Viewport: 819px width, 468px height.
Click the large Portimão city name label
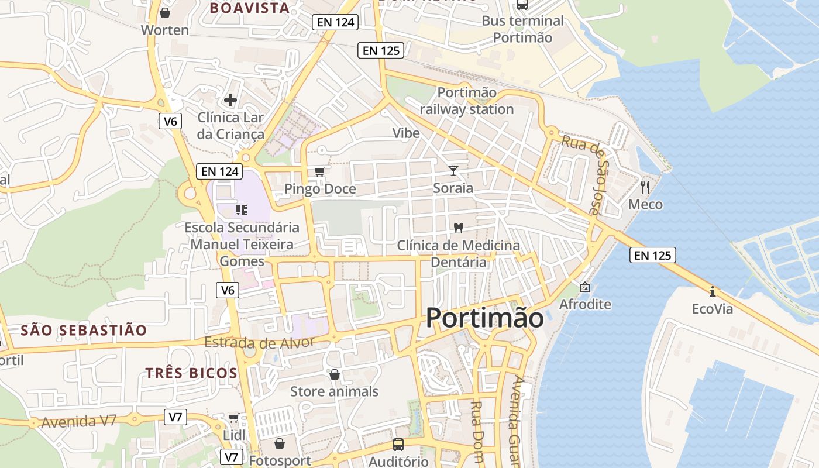(x=484, y=318)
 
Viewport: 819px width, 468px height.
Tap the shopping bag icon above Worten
(x=165, y=12)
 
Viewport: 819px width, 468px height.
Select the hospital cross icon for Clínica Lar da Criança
(x=230, y=100)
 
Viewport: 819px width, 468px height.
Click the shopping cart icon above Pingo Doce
(x=319, y=171)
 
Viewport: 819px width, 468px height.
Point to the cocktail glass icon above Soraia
(x=453, y=170)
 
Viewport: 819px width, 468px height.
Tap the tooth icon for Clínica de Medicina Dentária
(x=459, y=228)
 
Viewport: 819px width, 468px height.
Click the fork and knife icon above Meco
(x=645, y=187)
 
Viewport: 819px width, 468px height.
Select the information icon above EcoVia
(x=712, y=291)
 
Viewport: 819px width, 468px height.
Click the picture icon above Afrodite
(x=584, y=287)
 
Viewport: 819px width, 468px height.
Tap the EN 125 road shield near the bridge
(x=653, y=255)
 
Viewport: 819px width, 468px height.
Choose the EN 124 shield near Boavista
(x=335, y=22)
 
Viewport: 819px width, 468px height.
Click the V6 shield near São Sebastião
(x=228, y=290)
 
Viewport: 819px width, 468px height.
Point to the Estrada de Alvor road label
(x=260, y=342)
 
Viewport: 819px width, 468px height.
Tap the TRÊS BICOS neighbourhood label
(x=191, y=373)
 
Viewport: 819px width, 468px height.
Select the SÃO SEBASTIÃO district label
(x=84, y=331)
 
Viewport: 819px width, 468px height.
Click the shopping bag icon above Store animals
(x=335, y=374)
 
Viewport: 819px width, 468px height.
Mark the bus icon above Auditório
(x=398, y=444)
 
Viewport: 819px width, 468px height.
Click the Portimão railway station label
(x=467, y=101)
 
